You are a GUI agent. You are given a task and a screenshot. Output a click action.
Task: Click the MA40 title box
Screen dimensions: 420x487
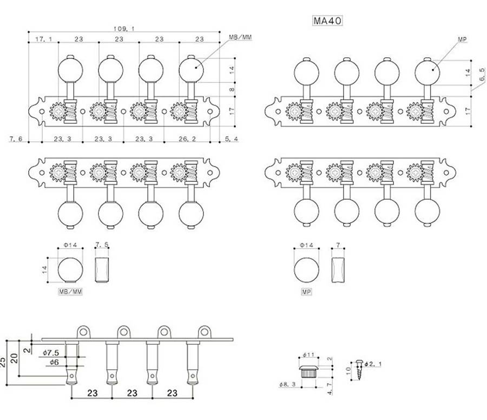pos(328,21)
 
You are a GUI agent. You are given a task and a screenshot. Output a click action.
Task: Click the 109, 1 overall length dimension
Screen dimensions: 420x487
pos(124,28)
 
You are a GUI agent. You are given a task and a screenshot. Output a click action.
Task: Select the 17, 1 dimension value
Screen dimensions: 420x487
pos(43,40)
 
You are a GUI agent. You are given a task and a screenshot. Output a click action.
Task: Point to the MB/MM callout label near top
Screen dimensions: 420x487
pos(241,37)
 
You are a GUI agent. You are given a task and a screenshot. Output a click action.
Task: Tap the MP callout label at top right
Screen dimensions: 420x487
pos(461,39)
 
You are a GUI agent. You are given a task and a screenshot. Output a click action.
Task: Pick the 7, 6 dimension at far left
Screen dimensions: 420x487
pos(16,139)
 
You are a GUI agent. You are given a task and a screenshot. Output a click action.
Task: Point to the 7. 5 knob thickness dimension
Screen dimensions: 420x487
pos(102,245)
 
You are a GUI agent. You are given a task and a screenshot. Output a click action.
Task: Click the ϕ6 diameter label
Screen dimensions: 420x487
pos(53,362)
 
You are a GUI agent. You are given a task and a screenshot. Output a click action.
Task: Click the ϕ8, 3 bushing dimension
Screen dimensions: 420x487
pos(287,384)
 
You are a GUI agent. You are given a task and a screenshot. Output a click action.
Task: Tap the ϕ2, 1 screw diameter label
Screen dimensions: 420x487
pos(373,364)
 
